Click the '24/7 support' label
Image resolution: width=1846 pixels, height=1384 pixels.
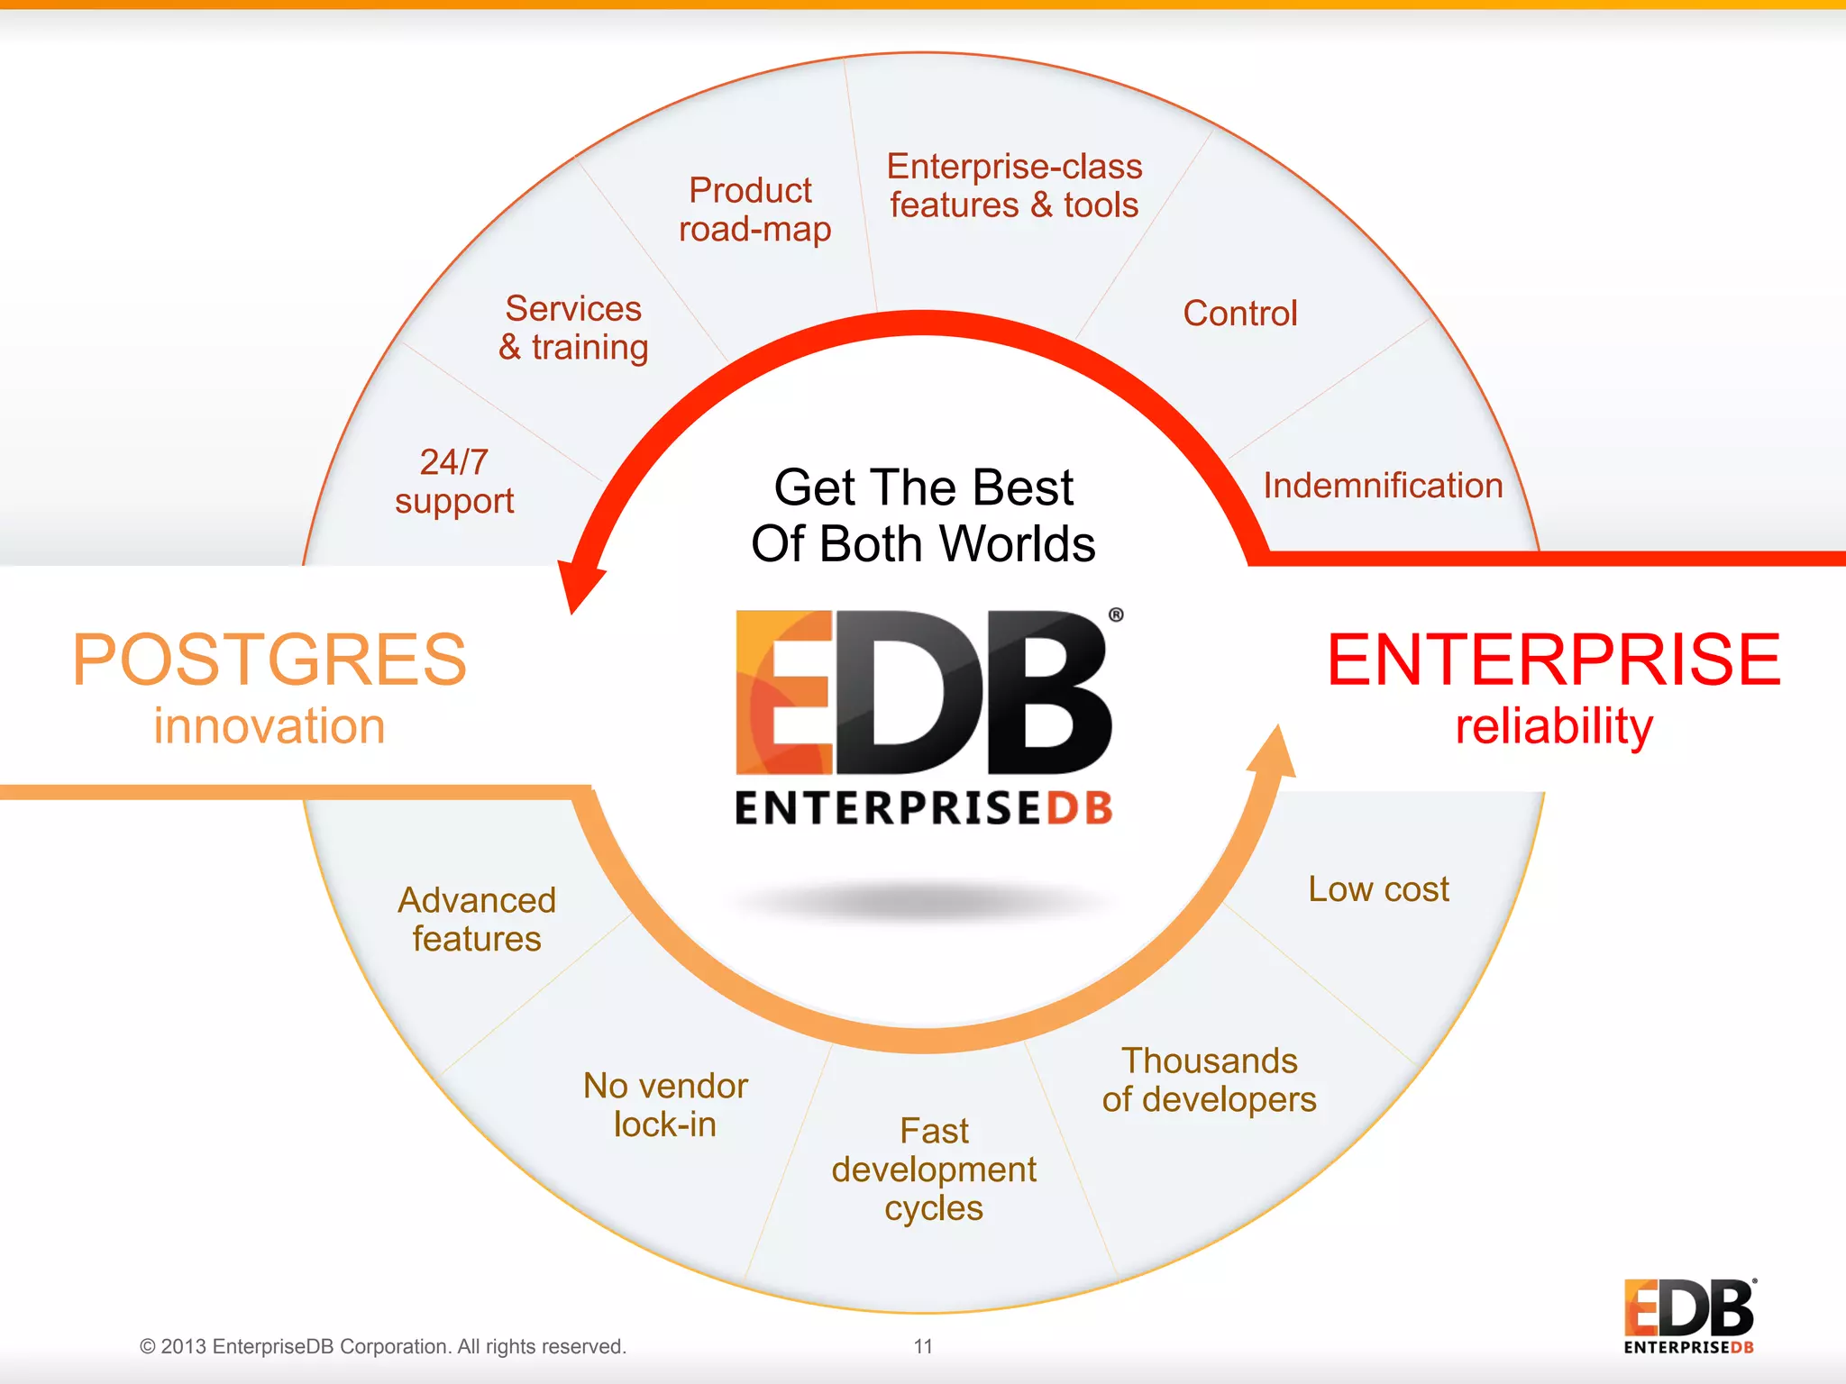click(454, 482)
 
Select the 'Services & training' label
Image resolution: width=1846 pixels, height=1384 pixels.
click(574, 328)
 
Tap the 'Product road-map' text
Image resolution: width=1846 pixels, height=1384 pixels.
click(754, 210)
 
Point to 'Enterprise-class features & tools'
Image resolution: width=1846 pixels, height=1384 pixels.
click(1014, 186)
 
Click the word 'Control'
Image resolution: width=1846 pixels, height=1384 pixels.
click(1240, 314)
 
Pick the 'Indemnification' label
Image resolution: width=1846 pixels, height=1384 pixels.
click(1383, 486)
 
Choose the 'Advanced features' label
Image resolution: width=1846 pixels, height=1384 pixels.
click(477, 919)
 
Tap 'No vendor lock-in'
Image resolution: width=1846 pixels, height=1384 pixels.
click(665, 1105)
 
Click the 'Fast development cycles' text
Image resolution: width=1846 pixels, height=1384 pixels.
click(934, 1169)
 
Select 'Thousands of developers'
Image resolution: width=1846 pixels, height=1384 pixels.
click(1209, 1080)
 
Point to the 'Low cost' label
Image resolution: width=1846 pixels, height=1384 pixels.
click(1378, 889)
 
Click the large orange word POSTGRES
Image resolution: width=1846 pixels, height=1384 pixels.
click(270, 660)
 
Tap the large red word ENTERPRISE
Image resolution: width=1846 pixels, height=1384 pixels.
click(1554, 660)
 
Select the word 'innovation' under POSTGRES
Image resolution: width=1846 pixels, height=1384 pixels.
click(270, 726)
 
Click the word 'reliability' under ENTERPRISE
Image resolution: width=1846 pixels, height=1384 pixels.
click(1554, 726)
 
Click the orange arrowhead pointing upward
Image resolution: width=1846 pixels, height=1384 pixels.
click(1275, 752)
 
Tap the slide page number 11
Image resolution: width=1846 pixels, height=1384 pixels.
click(923, 1346)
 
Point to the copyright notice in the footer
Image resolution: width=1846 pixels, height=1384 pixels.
click(382, 1346)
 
